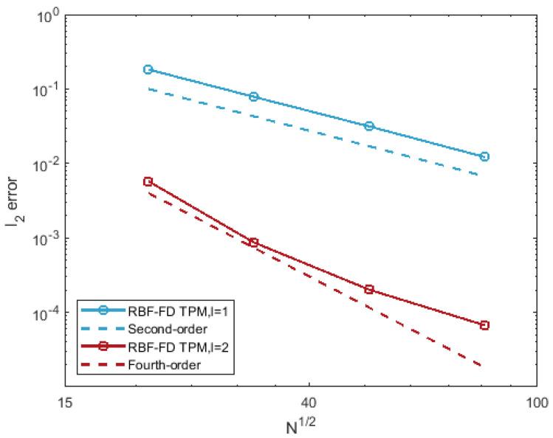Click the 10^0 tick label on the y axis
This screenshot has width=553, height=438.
coord(49,15)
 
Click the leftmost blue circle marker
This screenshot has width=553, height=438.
coord(148,69)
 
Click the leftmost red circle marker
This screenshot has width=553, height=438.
coord(148,181)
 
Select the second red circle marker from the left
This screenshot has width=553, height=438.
coord(253,243)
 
